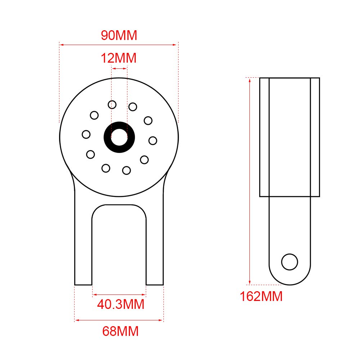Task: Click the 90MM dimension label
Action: click(x=119, y=35)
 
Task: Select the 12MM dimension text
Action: click(x=118, y=58)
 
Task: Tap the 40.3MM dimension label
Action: click(x=121, y=304)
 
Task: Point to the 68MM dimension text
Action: click(x=120, y=331)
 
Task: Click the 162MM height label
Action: click(x=261, y=296)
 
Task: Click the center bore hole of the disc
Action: click(x=119, y=137)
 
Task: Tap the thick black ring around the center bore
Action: click(x=107, y=137)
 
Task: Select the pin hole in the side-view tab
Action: click(x=289, y=262)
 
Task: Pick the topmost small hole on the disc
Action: click(x=112, y=105)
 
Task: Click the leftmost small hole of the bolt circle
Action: click(x=86, y=134)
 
